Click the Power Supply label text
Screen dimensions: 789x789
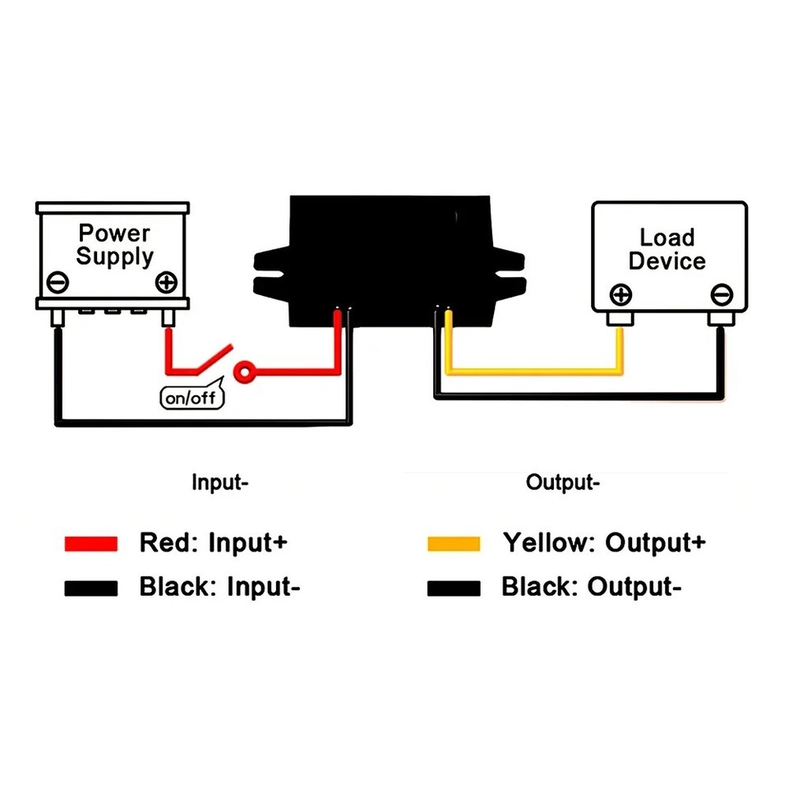114,245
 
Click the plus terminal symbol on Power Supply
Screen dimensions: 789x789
166,282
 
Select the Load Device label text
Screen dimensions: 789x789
667,250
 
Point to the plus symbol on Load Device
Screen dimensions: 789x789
621,294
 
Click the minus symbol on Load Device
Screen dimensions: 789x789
721,293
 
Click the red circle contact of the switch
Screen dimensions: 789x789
244,371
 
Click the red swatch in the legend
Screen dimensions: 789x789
91,543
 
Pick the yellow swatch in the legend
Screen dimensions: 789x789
454,543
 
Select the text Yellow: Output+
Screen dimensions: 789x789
604,542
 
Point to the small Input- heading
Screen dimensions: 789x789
219,482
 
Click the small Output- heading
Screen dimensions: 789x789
563,482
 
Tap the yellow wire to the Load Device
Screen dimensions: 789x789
534,371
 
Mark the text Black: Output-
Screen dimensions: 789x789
592,588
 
